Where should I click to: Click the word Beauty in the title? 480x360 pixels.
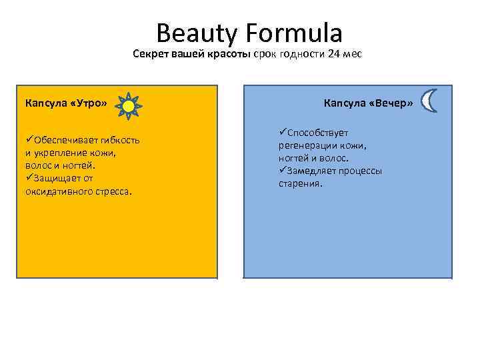point(193,33)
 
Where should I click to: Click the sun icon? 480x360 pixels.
point(129,105)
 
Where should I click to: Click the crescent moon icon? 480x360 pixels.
point(431,102)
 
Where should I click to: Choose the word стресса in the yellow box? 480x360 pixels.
point(113,191)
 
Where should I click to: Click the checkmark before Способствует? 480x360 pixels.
point(283,132)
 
